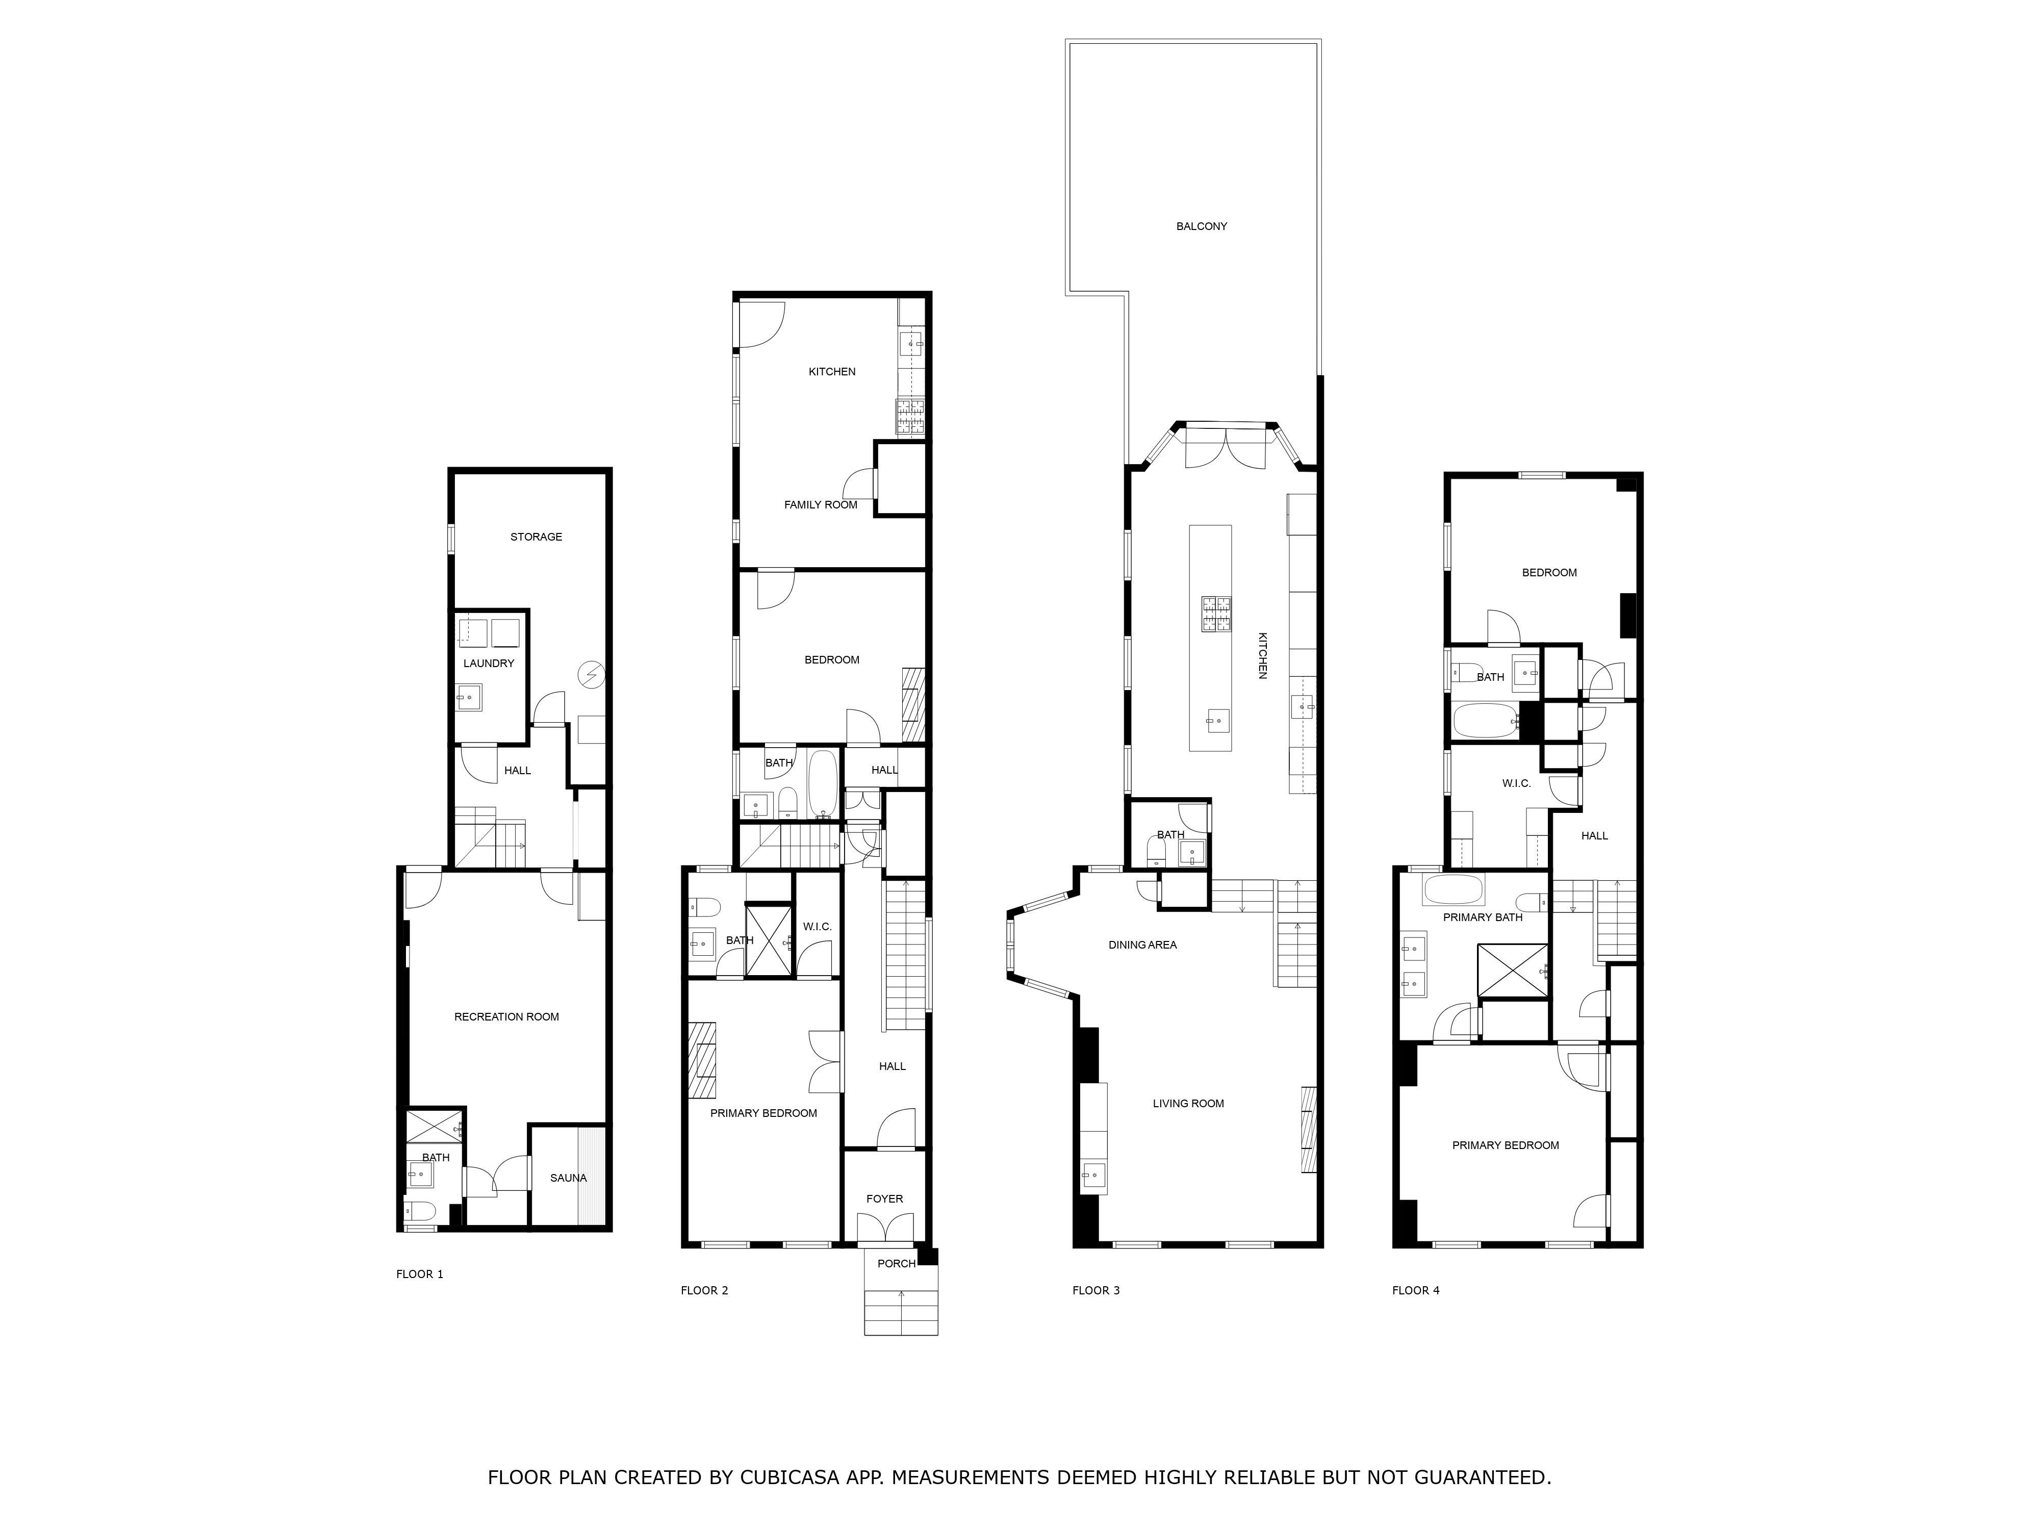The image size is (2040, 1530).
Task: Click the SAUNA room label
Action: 568,1178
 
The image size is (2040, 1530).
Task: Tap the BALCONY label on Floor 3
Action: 1201,226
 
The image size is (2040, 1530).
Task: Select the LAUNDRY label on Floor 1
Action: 489,663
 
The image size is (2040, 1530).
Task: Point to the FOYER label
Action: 884,1199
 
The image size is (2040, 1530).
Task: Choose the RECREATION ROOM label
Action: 506,1016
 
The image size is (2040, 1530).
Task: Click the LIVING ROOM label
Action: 1188,1103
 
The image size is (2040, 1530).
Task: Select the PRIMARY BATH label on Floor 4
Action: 1482,916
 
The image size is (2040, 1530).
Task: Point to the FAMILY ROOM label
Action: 820,504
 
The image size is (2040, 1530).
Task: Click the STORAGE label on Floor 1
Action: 536,537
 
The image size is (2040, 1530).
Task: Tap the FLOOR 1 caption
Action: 420,1274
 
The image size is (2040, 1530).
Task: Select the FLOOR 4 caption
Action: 1416,1290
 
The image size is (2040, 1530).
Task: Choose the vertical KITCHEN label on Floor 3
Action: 1263,656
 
